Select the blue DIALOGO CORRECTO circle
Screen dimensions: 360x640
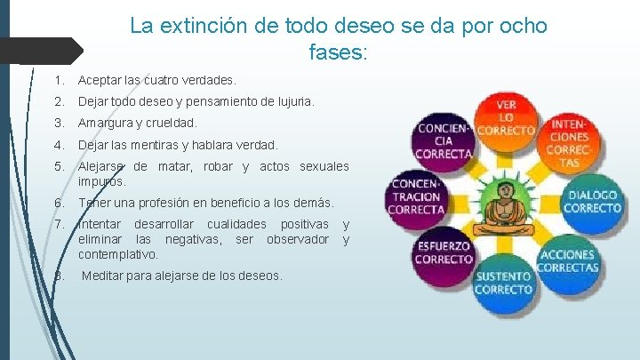click(x=590, y=203)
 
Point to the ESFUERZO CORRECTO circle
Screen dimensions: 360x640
click(x=444, y=252)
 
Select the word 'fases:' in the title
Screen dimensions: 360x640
click(x=338, y=53)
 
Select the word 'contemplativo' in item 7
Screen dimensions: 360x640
click(x=117, y=254)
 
